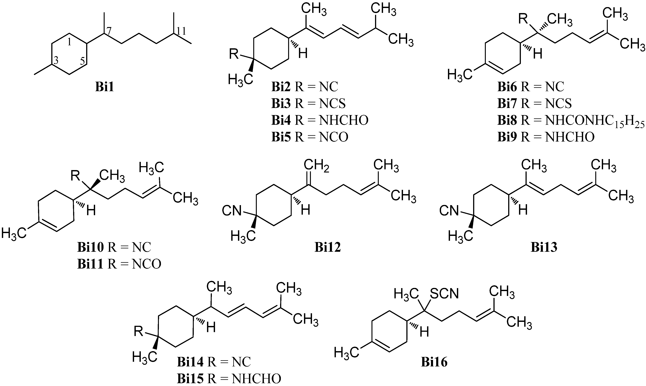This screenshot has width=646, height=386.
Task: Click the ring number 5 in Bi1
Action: (82, 61)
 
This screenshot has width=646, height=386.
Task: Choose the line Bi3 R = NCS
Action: (308, 103)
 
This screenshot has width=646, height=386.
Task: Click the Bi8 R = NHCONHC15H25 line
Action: (571, 121)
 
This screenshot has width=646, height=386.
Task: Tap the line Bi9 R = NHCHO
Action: (546, 137)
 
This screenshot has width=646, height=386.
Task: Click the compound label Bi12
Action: (328, 247)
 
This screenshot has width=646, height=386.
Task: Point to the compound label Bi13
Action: (544, 247)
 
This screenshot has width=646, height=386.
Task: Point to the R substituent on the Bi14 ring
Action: (139, 332)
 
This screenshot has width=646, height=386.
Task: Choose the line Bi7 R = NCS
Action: (534, 103)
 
